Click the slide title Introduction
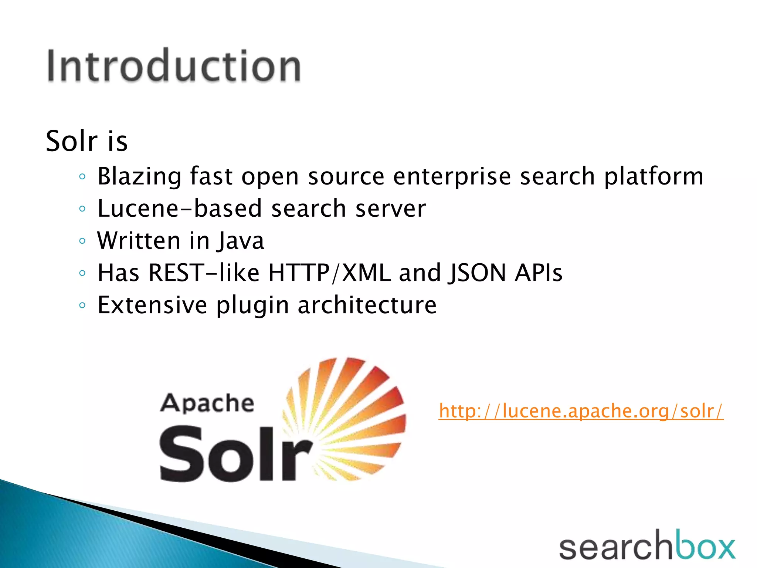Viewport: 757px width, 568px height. pyautogui.click(x=174, y=66)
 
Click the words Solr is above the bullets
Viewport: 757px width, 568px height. pyautogui.click(x=86, y=141)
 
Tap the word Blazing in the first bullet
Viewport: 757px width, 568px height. pyautogui.click(x=139, y=176)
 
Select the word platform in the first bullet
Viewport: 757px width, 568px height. pyautogui.click(x=654, y=176)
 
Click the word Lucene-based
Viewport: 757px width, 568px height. pyautogui.click(x=180, y=208)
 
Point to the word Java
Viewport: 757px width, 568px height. pyautogui.click(x=241, y=241)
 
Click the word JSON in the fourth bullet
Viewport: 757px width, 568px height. pyautogui.click(x=477, y=273)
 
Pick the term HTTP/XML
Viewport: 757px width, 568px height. pyautogui.click(x=329, y=273)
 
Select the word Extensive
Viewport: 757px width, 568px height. pyautogui.click(x=152, y=305)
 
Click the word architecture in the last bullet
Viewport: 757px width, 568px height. pyautogui.click(x=367, y=305)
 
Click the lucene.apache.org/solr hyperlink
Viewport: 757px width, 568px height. pyautogui.click(x=581, y=411)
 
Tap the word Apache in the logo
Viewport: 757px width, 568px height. pyautogui.click(x=207, y=403)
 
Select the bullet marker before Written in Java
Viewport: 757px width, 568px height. pyautogui.click(x=82, y=241)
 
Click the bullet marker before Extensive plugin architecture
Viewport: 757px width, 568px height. pyautogui.click(x=82, y=305)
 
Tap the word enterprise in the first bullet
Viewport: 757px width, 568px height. pyautogui.click(x=452, y=176)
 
